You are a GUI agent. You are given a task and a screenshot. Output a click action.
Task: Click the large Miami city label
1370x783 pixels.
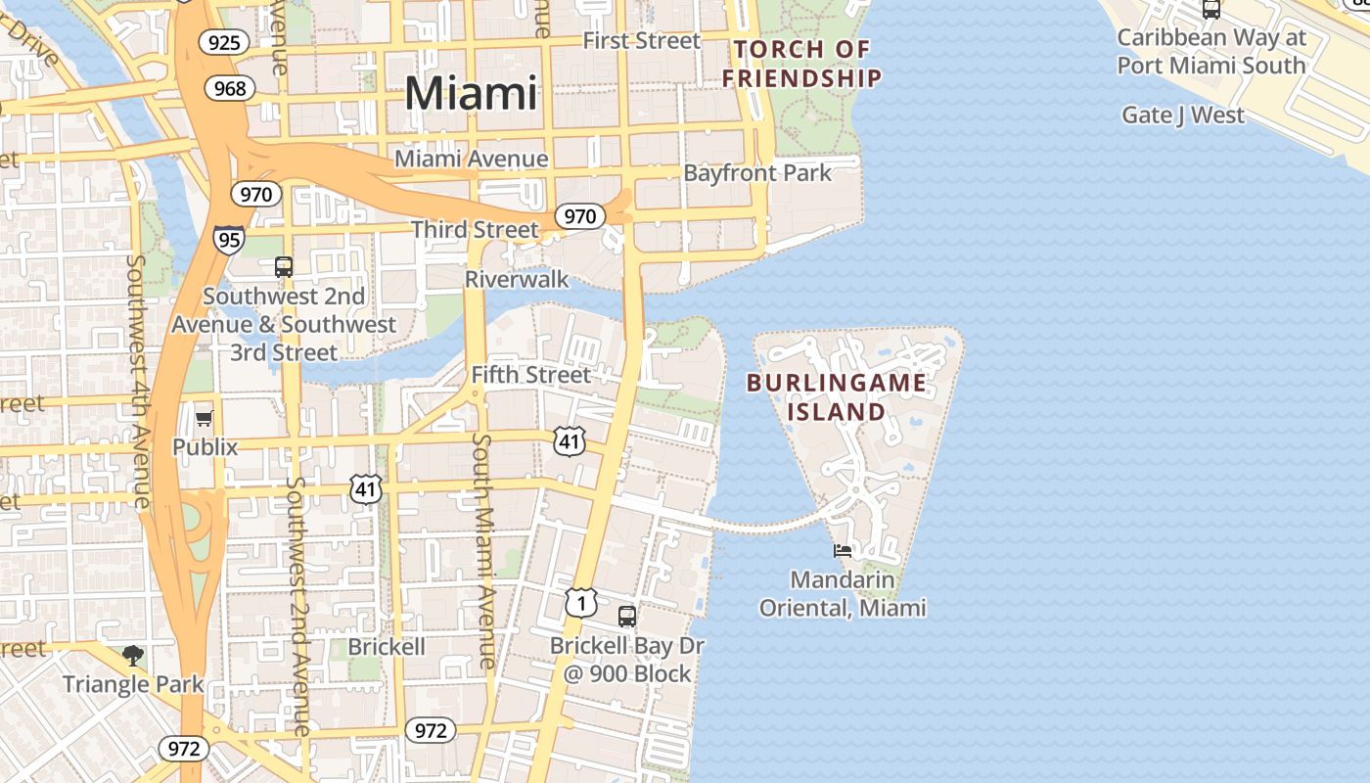[x=471, y=93]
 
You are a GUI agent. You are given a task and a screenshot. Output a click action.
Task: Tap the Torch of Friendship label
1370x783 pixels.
[x=802, y=64]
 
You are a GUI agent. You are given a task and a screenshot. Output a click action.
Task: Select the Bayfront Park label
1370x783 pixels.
[x=757, y=173]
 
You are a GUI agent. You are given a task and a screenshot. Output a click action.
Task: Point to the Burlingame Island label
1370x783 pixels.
[x=837, y=396]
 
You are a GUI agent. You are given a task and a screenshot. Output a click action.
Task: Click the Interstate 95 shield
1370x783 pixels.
[x=229, y=239]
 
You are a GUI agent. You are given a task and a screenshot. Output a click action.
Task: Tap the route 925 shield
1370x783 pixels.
[x=224, y=42]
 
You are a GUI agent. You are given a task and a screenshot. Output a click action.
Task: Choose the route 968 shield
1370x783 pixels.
[x=230, y=89]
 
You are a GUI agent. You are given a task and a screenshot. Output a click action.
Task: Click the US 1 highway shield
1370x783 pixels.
[x=581, y=603]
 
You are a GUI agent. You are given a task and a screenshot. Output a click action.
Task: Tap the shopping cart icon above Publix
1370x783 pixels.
[x=204, y=419]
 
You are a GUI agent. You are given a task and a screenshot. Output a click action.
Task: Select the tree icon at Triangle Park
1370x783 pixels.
[x=133, y=655]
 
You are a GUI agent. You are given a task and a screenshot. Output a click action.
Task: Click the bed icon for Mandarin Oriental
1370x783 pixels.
[x=843, y=551]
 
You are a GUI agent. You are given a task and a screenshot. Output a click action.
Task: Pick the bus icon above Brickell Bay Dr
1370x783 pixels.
[x=627, y=617]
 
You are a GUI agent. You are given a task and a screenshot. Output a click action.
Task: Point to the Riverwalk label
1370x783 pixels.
[x=517, y=280]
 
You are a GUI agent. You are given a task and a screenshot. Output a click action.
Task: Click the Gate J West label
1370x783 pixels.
[x=1183, y=115]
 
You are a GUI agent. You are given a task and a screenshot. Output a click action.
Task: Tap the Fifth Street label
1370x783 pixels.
[x=531, y=375]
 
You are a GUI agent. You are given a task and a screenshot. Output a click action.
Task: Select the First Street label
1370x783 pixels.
[x=641, y=40]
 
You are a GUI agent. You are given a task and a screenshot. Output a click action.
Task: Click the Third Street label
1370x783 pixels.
[x=475, y=230]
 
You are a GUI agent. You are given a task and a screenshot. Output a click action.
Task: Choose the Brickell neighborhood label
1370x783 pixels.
[x=387, y=647]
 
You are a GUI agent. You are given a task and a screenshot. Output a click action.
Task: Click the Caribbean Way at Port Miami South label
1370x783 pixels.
[x=1211, y=52]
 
